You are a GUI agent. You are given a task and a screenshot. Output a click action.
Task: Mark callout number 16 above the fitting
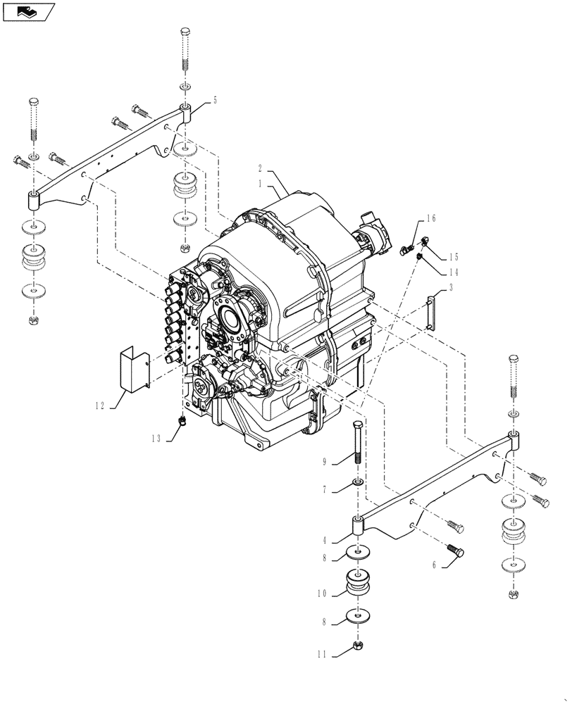click(431, 219)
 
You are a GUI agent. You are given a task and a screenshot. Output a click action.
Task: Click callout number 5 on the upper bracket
click(214, 99)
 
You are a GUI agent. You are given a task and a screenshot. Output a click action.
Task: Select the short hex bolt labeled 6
click(455, 552)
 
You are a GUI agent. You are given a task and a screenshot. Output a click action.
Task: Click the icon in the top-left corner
click(29, 11)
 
